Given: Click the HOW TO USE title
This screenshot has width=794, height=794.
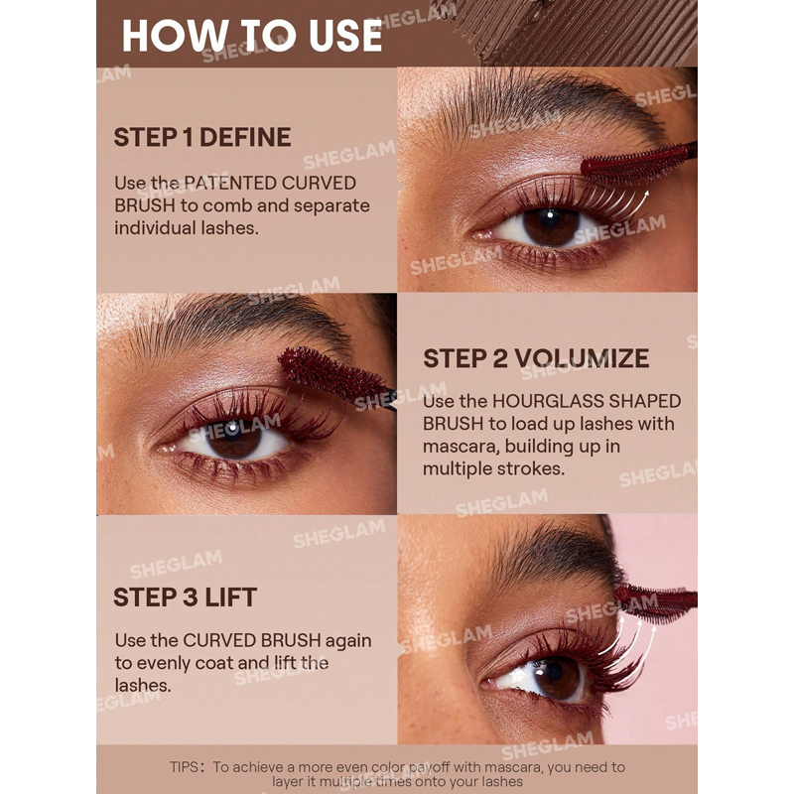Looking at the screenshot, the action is click(252, 36).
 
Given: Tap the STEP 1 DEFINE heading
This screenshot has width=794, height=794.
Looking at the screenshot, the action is click(202, 137).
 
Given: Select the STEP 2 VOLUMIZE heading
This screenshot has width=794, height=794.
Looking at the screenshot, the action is click(536, 358).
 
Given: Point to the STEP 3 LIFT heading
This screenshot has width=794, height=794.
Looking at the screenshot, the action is click(186, 597).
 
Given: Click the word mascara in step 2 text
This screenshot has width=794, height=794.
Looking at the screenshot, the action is click(460, 447).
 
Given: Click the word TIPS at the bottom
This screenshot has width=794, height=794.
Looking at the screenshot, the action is click(185, 767).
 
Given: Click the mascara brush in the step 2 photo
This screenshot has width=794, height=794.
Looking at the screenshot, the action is click(335, 376).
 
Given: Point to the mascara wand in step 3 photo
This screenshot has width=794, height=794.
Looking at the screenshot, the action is click(656, 603).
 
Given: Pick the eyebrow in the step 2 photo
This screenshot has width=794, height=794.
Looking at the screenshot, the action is click(238, 325).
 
